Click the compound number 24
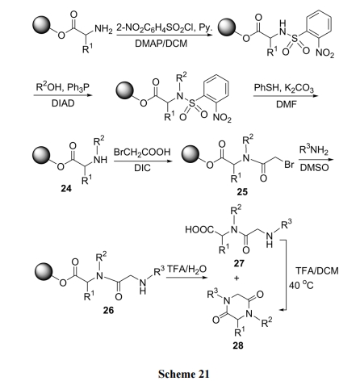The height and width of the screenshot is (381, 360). pos(66,188)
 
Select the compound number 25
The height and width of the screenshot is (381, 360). pos(242,191)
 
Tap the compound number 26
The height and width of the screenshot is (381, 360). pos(108,310)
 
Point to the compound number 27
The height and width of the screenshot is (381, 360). pos(239,263)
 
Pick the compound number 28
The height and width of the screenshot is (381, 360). pos(238,345)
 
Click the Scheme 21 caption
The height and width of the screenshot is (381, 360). pos(183,374)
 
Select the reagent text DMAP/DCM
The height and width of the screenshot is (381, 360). pos(161,44)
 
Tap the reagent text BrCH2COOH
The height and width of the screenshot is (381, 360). pos(142,153)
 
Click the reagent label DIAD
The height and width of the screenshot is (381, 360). pos(63,103)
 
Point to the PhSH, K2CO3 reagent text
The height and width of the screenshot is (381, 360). pos(284,88)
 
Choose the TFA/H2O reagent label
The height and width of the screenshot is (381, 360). pos(186,269)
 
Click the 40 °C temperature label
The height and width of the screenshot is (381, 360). pos(301,285)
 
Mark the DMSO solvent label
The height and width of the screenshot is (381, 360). pos(314,168)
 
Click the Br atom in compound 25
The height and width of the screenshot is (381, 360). pos(289,165)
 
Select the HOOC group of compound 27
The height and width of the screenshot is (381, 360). pos(199,230)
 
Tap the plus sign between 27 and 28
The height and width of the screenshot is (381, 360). pos(237,278)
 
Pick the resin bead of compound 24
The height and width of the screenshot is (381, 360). pos(41,155)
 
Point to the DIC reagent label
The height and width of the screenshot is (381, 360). pos(142,168)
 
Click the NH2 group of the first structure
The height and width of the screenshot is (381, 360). pos(103,29)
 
